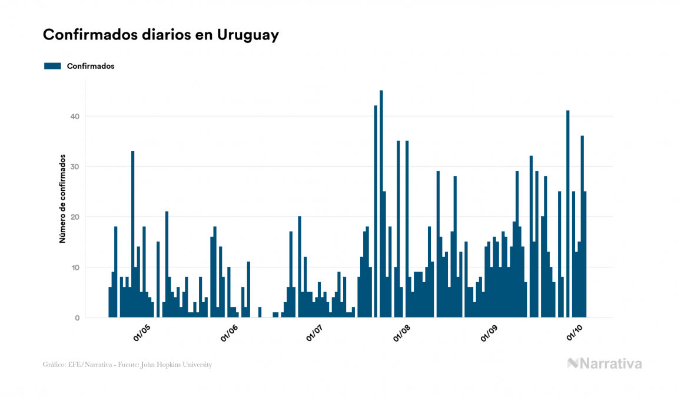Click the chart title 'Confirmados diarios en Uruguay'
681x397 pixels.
point(161,35)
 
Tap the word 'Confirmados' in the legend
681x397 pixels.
point(91,66)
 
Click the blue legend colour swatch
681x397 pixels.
point(53,66)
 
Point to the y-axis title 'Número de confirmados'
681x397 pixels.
point(62,199)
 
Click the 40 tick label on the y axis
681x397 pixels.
point(75,116)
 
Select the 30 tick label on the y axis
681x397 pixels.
point(75,167)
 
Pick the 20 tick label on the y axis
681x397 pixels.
point(75,217)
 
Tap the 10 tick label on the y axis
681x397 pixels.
point(75,267)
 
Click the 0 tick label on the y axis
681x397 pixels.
point(77,318)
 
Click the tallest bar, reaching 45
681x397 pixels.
point(381,206)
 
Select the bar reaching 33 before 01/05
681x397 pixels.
point(133,236)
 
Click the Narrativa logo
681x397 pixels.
point(604,363)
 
